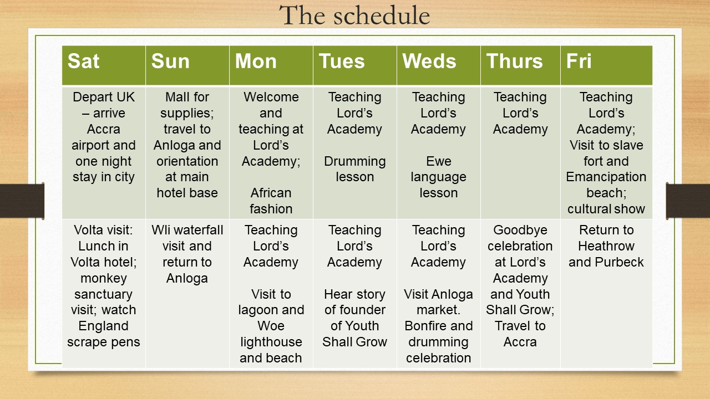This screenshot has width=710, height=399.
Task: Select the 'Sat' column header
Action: click(x=83, y=61)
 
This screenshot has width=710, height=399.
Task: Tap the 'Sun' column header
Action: click(x=170, y=61)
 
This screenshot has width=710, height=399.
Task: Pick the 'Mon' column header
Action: click(x=256, y=61)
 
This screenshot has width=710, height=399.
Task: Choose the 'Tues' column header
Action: click(x=342, y=61)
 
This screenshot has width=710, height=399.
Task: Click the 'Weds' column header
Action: click(x=429, y=61)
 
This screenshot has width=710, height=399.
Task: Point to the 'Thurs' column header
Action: click(x=514, y=61)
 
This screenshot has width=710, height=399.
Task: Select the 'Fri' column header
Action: click(x=579, y=61)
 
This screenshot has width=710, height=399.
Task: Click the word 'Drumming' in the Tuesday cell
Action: click(x=354, y=161)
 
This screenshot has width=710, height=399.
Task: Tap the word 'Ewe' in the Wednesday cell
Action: click(x=439, y=161)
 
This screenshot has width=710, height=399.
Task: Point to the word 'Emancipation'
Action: click(x=606, y=177)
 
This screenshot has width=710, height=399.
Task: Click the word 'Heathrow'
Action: click(x=606, y=246)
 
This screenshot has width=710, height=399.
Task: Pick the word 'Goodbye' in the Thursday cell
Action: click(x=520, y=230)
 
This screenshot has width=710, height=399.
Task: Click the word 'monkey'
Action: click(x=104, y=279)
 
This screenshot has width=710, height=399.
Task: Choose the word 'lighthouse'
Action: click(x=271, y=342)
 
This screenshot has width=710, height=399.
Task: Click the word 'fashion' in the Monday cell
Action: click(x=271, y=209)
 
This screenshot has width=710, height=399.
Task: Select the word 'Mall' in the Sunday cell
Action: click(x=174, y=97)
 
